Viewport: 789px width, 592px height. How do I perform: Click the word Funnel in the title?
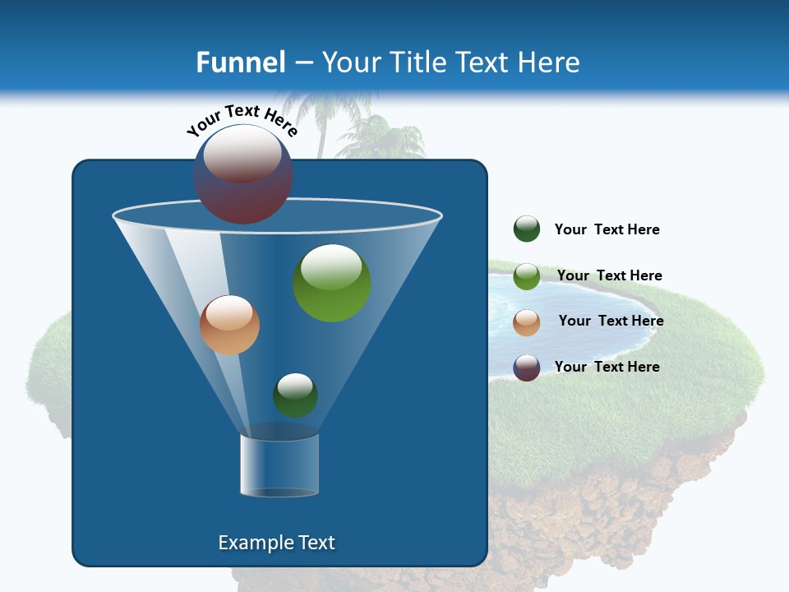(241, 62)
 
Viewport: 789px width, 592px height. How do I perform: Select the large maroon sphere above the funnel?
(243, 173)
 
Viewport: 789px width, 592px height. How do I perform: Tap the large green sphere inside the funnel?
(332, 283)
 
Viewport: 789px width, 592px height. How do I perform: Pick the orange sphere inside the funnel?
(229, 325)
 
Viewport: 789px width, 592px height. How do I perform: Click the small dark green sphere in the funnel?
(295, 395)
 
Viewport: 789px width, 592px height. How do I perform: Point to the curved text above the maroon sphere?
(242, 120)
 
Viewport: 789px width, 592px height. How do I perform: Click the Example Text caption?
(276, 543)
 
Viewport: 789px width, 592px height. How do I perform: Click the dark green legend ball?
(527, 229)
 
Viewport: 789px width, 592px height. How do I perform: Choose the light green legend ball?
(527, 276)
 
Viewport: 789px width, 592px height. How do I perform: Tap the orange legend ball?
(527, 322)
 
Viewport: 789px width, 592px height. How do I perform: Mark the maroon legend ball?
(527, 368)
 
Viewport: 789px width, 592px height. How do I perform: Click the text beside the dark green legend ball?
(607, 229)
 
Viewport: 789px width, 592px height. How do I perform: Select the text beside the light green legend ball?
(609, 275)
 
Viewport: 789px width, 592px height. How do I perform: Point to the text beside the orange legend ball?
(611, 321)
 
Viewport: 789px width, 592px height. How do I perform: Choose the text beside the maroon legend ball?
(607, 367)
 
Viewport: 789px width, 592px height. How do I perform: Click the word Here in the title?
(549, 62)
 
